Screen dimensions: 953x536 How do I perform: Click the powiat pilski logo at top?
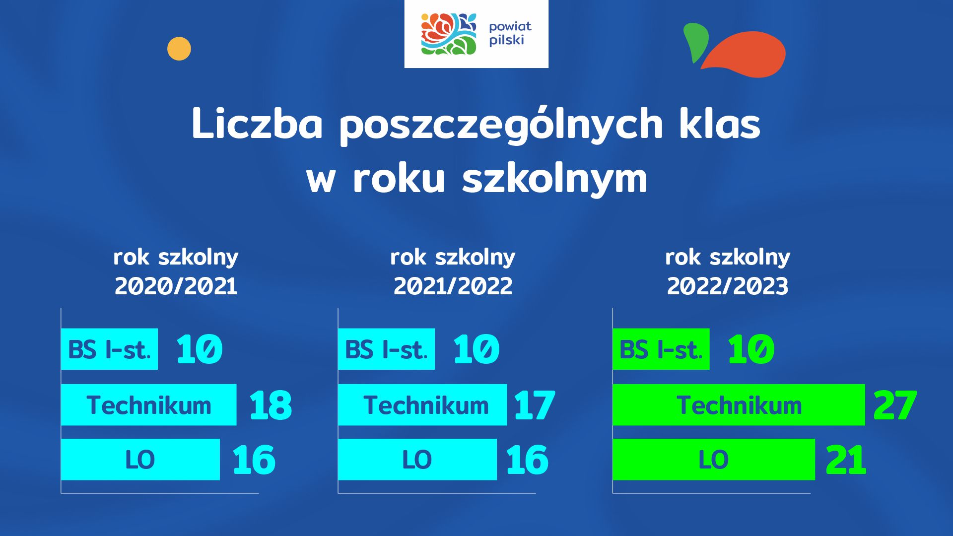pyautogui.click(x=476, y=34)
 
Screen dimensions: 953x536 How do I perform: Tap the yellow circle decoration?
pyautogui.click(x=179, y=49)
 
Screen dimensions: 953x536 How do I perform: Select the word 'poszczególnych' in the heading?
pyautogui.click(x=501, y=125)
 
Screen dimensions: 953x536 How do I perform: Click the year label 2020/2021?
pyautogui.click(x=176, y=286)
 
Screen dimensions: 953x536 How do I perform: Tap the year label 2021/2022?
pyautogui.click(x=453, y=286)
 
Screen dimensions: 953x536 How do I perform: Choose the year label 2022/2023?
pyautogui.click(x=728, y=286)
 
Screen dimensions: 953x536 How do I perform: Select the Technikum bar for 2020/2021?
pyautogui.click(x=149, y=405)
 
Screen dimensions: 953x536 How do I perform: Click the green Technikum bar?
pyautogui.click(x=739, y=405)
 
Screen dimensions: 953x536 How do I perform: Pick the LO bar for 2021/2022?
pyautogui.click(x=417, y=460)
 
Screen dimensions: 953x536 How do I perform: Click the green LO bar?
pyautogui.click(x=714, y=460)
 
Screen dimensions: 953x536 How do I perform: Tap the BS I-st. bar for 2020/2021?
pyautogui.click(x=109, y=349)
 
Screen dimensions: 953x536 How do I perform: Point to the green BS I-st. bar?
pyautogui.click(x=661, y=349)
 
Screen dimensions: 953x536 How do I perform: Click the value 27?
pyautogui.click(x=895, y=405)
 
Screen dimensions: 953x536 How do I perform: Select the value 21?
pyautogui.click(x=846, y=460)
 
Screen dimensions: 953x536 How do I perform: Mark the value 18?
pyautogui.click(x=271, y=405)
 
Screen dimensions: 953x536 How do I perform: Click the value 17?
pyautogui.click(x=535, y=405)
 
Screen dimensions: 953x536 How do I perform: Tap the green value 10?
pyautogui.click(x=751, y=349)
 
